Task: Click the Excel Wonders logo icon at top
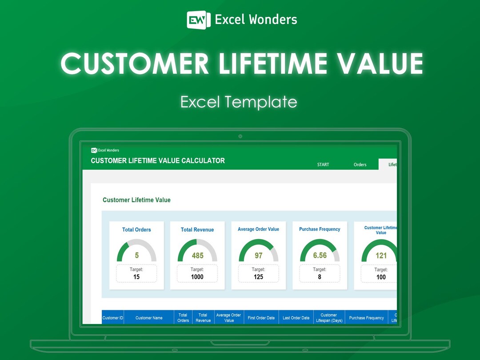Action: point(199,20)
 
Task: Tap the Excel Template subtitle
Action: point(239,102)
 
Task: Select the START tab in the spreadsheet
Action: point(323,164)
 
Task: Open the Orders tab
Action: point(360,164)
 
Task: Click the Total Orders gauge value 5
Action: point(136,255)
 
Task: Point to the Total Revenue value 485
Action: point(197,256)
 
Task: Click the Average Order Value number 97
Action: point(258,256)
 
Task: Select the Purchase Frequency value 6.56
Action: point(320,256)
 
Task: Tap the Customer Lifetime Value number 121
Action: point(381,256)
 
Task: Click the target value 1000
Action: point(197,277)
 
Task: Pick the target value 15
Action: point(136,277)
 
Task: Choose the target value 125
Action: point(258,277)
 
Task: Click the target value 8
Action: point(320,277)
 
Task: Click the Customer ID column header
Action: point(113,318)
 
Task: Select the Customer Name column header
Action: point(149,318)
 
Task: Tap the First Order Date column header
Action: point(261,318)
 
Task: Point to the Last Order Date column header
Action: point(296,318)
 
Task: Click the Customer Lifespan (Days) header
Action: point(329,318)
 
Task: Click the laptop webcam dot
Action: point(240,136)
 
